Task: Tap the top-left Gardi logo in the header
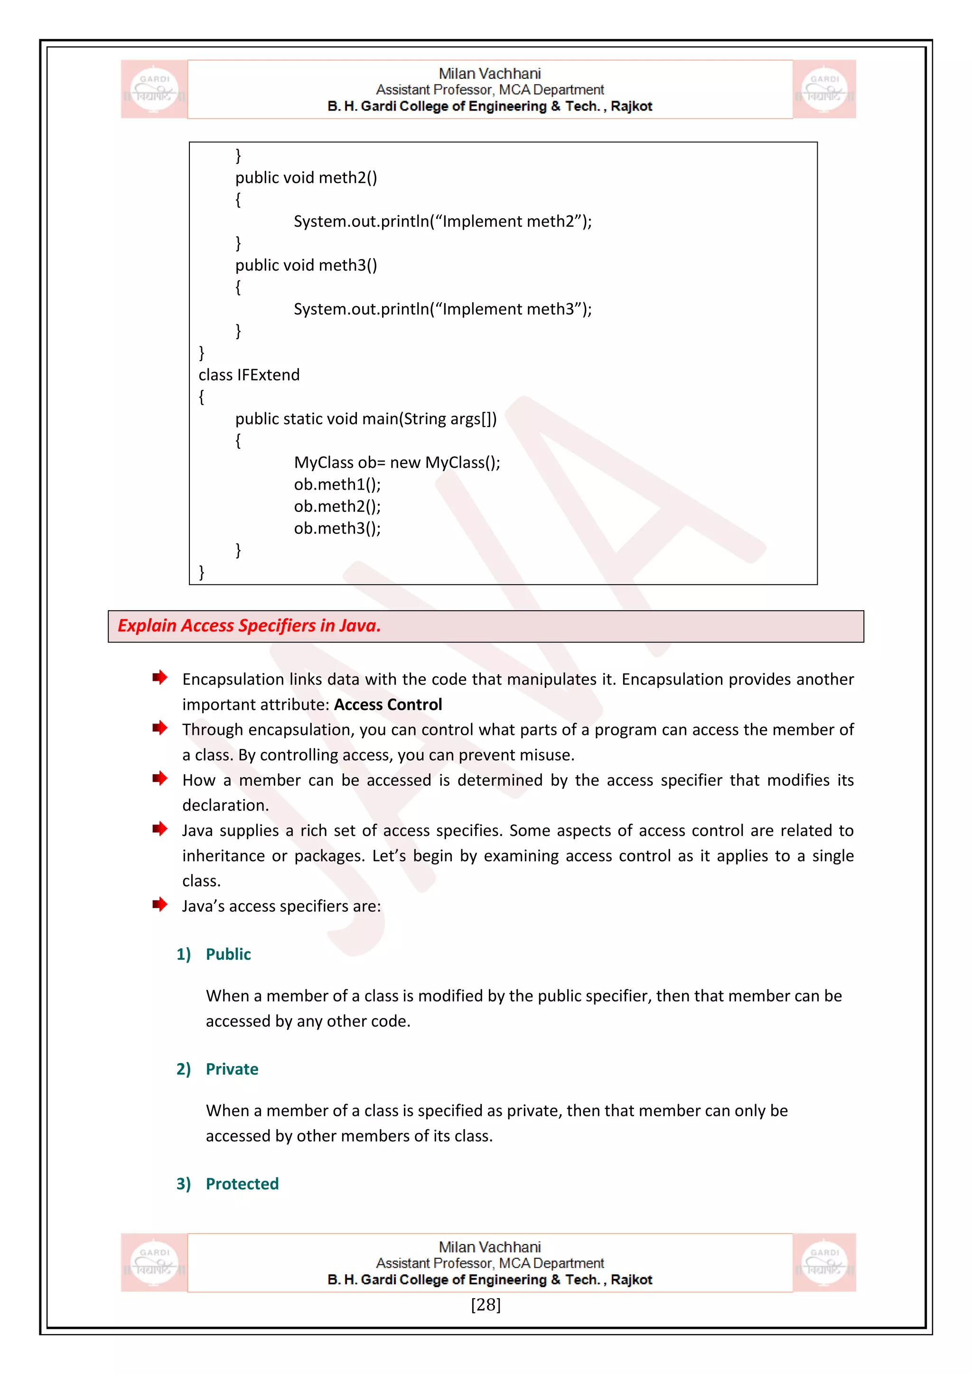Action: point(154,89)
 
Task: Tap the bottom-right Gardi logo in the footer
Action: point(824,1262)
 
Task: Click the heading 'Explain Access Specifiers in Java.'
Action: point(249,625)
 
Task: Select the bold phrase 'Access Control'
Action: point(388,705)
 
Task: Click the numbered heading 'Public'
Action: point(228,954)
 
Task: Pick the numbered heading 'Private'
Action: point(232,1069)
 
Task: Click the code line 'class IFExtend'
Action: point(249,375)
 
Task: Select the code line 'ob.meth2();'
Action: point(337,506)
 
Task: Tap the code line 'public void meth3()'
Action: point(306,265)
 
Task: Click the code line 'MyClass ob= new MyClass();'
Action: point(397,463)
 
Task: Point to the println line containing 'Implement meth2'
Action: point(442,222)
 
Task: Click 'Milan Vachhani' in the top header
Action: point(490,74)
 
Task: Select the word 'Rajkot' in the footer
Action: point(631,1280)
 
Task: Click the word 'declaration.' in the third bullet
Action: point(225,806)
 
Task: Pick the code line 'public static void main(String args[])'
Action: point(366,419)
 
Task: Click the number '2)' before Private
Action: point(183,1069)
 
